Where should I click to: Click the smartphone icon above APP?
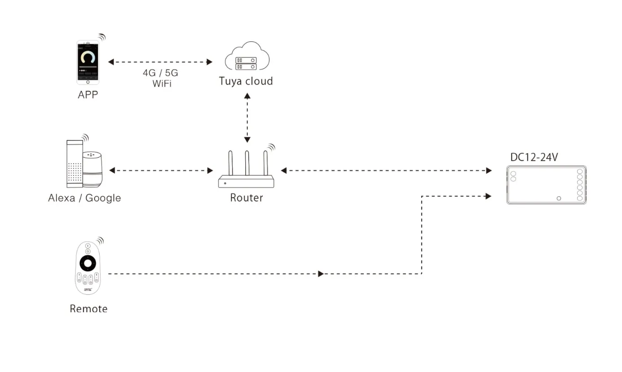tap(88, 62)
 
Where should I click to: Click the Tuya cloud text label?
tap(246, 81)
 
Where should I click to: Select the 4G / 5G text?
tap(160, 73)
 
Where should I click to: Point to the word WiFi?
tap(162, 84)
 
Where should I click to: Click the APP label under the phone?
tap(88, 95)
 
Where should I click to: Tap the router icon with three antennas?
tap(246, 169)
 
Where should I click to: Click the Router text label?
tap(246, 198)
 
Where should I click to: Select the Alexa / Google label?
tap(84, 198)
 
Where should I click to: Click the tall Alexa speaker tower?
tap(75, 164)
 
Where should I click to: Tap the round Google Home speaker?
tap(93, 169)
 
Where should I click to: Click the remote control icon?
tap(88, 268)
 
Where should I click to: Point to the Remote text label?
tap(88, 309)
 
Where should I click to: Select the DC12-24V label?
tap(534, 157)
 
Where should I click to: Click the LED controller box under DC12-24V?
tap(546, 185)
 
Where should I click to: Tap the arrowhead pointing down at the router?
tap(247, 139)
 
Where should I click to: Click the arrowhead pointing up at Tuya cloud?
tap(247, 96)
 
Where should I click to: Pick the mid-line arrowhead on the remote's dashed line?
tap(321, 274)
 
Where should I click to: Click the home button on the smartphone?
tap(88, 82)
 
